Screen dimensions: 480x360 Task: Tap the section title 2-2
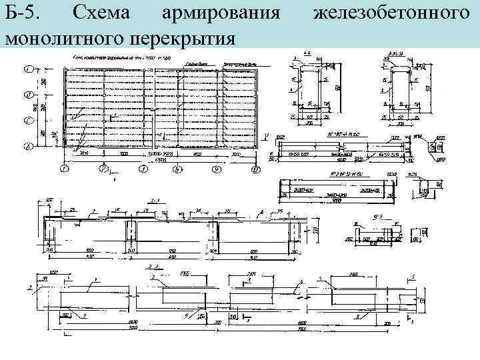coord(153,266)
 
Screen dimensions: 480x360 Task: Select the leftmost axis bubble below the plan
coord(63,170)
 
